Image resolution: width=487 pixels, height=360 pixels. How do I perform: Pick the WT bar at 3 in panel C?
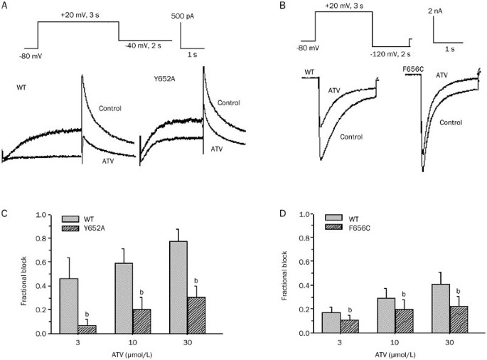(x=70, y=305)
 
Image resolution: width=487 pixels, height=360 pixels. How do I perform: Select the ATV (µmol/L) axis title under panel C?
(x=124, y=354)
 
